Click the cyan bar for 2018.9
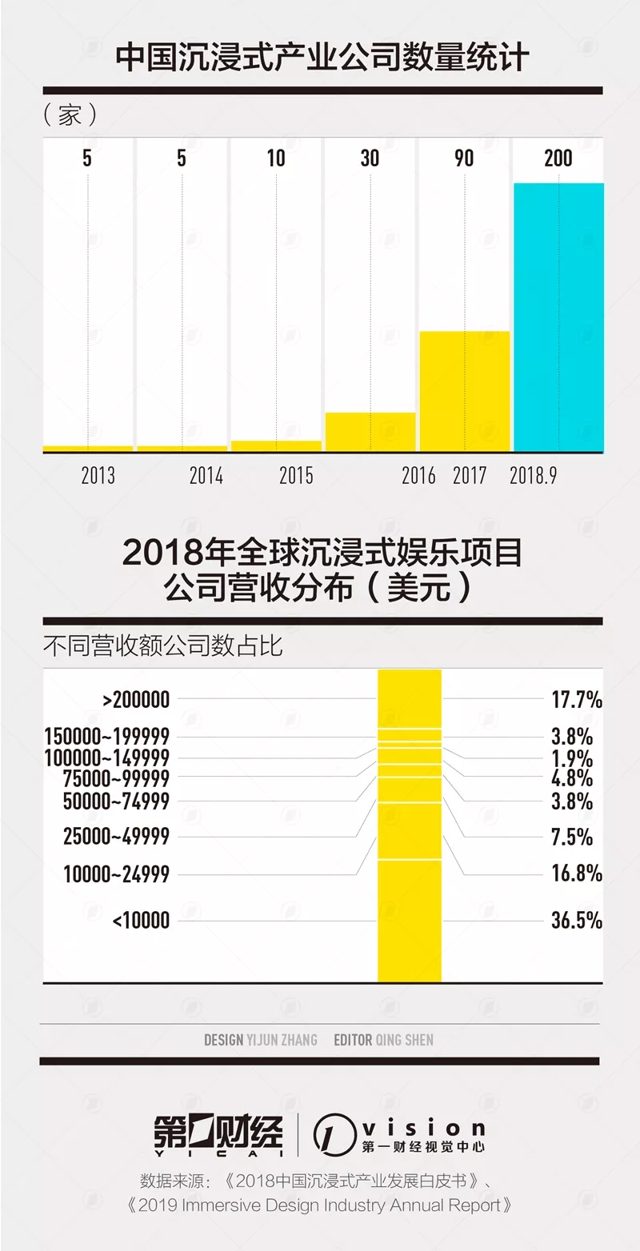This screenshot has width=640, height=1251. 558,318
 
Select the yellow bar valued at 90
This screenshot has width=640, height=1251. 465,391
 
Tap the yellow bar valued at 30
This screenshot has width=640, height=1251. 370,432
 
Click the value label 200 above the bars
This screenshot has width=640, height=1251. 558,158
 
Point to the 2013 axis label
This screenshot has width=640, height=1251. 98,476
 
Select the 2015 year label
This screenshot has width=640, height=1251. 296,476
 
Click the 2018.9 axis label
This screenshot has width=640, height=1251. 533,476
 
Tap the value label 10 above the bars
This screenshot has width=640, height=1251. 276,158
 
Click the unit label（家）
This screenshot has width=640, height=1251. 70,115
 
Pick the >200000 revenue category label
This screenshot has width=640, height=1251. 136,700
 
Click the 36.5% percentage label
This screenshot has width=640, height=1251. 576,921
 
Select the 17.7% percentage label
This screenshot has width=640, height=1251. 576,700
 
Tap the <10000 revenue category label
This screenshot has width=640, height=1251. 141,921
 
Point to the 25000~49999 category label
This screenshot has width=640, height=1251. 116,837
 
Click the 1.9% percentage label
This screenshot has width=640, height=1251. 572,758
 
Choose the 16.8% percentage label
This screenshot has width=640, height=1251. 576,873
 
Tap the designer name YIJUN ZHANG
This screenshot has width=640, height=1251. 282,1040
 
